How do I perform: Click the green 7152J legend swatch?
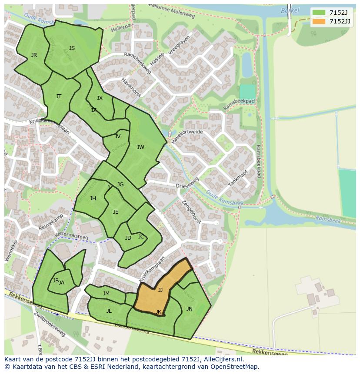click(319, 13)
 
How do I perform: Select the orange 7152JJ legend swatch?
click(319, 21)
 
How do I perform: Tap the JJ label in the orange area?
click(160, 290)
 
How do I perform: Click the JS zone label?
click(72, 48)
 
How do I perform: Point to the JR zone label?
click(34, 55)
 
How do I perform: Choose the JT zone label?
click(59, 96)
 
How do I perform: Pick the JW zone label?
click(140, 147)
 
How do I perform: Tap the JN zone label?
click(189, 309)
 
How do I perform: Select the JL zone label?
click(109, 311)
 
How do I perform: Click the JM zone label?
click(106, 294)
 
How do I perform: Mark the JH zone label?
click(93, 199)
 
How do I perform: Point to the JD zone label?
click(128, 238)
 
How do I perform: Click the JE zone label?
click(116, 212)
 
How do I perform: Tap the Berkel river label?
click(290, 10)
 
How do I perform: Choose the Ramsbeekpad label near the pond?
click(239, 104)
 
